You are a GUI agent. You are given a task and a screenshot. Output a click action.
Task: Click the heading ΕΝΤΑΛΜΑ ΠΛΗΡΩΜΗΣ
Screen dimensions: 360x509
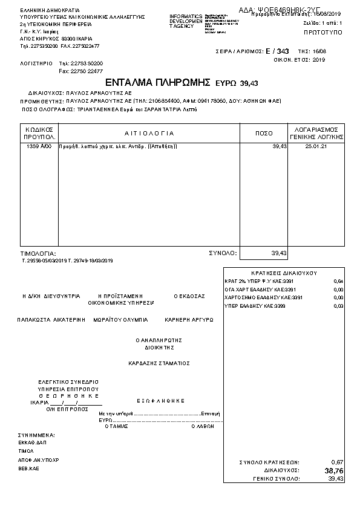coord(157,82)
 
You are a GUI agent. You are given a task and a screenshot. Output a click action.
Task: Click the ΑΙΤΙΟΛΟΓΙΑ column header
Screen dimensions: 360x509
coord(149,133)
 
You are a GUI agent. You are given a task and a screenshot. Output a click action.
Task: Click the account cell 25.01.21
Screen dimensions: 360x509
coord(316,147)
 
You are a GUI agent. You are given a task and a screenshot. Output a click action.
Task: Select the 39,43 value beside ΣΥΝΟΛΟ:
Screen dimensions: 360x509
coord(279,253)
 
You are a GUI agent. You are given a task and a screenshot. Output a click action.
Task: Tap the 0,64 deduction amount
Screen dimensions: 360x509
coord(338,282)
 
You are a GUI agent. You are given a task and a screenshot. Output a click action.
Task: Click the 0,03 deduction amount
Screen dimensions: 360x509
coord(338,306)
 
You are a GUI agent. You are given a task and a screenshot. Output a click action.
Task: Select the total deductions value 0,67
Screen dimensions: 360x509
coord(338,462)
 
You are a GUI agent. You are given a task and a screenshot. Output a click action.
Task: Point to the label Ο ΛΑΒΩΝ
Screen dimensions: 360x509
coord(203,426)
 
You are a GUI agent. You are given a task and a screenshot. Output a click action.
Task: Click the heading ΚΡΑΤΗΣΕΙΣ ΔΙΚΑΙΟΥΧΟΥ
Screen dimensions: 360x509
coord(284,273)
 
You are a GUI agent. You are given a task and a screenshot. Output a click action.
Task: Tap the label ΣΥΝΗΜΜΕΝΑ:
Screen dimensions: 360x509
coord(37,435)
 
